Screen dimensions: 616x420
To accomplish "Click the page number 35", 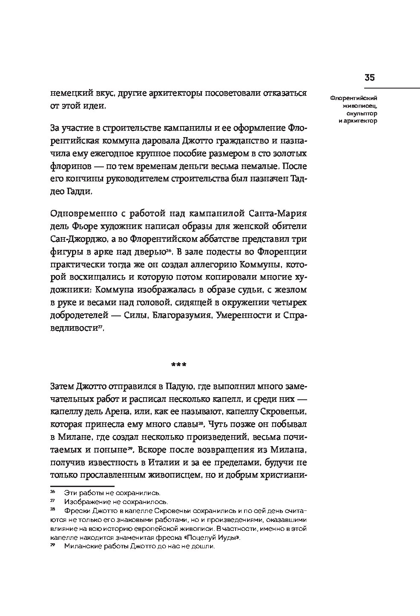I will [x=369, y=77].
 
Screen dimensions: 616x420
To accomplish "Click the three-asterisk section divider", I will [x=178, y=364].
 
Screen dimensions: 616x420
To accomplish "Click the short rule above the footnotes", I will [x=82, y=486].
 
